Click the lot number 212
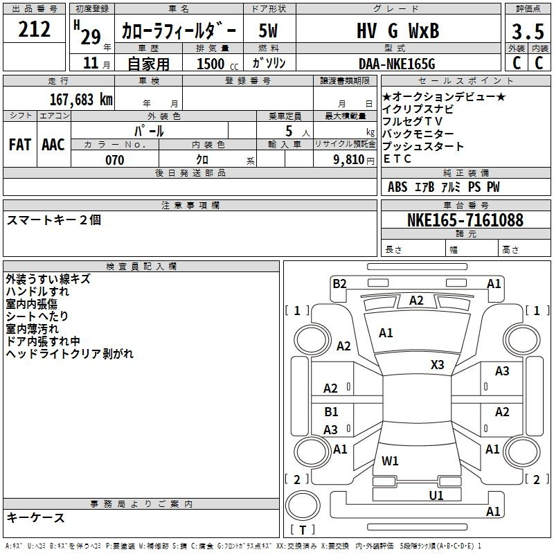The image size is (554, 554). (x=34, y=29)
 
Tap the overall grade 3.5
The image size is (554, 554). (x=528, y=31)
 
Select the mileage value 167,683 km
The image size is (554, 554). (x=81, y=100)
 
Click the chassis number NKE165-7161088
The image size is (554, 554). (x=465, y=220)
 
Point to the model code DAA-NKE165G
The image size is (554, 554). (x=397, y=64)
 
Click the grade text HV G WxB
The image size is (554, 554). (x=397, y=30)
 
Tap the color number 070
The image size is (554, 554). (x=115, y=160)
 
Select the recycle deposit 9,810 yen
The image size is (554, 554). (x=354, y=160)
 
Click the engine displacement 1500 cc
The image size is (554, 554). (x=217, y=64)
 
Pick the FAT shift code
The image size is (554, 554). (x=20, y=145)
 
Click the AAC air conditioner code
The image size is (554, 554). (x=53, y=145)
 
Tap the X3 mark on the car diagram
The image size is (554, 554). (x=437, y=365)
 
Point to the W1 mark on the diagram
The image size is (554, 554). (x=390, y=461)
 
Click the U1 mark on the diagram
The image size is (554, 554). (x=436, y=495)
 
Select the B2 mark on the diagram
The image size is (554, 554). (x=339, y=284)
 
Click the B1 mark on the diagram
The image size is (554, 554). (x=331, y=411)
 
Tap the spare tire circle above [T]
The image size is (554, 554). (x=303, y=506)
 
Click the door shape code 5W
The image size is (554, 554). (x=268, y=30)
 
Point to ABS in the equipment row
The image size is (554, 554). (x=397, y=187)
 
